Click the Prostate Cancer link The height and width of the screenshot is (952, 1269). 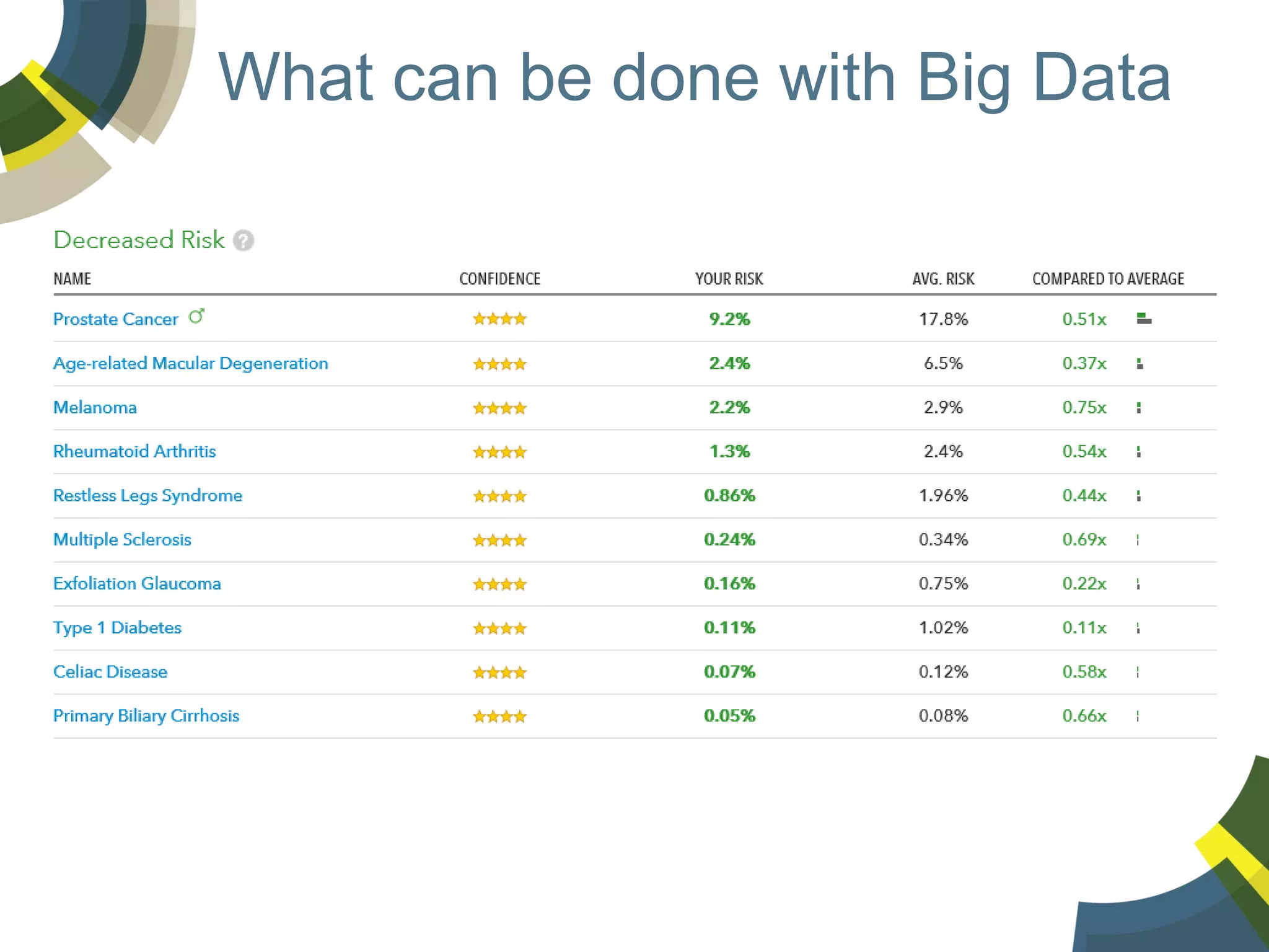116,319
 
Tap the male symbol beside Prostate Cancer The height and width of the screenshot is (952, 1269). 196,316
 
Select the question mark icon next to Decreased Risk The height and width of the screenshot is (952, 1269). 244,240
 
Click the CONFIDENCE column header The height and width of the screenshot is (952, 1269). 499,279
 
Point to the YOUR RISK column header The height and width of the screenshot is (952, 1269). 729,279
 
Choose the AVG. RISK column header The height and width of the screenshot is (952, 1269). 943,279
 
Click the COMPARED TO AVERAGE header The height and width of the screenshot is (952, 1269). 1108,279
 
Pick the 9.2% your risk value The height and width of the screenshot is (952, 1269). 729,319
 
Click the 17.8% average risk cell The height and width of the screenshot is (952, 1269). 943,319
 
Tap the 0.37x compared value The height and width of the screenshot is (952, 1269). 1084,363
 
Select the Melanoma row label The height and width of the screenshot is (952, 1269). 95,407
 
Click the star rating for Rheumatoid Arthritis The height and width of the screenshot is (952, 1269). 499,452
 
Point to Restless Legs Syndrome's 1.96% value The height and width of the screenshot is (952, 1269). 943,496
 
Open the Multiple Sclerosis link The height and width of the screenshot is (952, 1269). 122,540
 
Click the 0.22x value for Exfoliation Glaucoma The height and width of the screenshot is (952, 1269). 1084,584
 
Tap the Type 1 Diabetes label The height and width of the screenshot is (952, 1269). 117,628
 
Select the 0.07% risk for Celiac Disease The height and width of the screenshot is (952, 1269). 729,672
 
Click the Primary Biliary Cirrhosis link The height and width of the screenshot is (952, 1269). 146,716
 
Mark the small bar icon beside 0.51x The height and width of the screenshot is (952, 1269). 1144,319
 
